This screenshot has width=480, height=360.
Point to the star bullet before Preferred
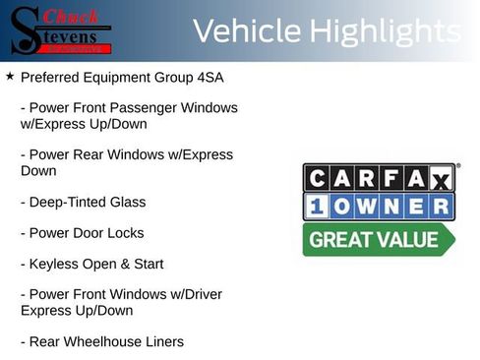pos(9,75)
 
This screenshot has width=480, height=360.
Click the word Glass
pos(127,202)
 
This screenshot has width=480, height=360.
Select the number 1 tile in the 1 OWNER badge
pos(317,207)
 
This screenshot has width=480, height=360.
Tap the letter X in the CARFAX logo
pos(441,178)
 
